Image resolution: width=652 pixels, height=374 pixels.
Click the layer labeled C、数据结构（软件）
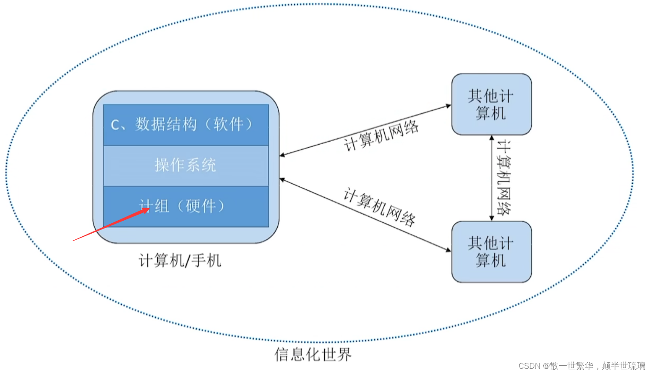pos(186,125)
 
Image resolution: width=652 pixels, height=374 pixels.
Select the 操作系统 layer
pos(186,165)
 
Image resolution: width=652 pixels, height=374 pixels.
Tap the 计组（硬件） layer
pos(186,206)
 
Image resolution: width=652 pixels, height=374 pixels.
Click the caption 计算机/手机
pos(180,261)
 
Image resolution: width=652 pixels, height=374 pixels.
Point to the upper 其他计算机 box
pos(491,104)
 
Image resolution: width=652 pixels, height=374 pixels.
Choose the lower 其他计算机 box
pos(491,252)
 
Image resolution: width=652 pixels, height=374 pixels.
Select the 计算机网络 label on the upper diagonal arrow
pos(381,136)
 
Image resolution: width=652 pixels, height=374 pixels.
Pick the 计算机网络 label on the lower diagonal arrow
pos(379,207)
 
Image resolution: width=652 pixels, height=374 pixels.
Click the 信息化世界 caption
pos(313,354)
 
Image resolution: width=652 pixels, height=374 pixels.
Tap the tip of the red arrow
pos(148,209)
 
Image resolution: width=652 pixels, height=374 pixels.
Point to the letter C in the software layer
pos(115,126)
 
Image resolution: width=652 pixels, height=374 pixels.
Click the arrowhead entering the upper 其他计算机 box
pos(449,106)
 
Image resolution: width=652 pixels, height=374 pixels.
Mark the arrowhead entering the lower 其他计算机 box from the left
pos(449,250)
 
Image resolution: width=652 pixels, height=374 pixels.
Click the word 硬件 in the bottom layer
pos(201,206)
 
